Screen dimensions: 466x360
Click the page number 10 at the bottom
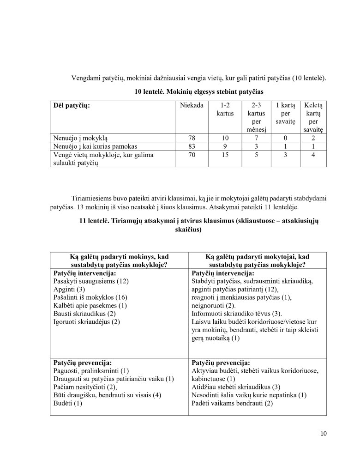323,433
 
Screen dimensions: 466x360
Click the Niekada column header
192,106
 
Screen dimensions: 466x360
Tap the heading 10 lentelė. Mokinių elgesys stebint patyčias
198,92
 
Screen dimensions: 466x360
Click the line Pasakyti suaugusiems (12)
91,281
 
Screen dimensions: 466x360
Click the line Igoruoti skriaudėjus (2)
87,322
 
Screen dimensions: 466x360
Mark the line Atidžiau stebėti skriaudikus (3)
235,387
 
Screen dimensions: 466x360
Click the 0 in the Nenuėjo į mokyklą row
286,138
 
